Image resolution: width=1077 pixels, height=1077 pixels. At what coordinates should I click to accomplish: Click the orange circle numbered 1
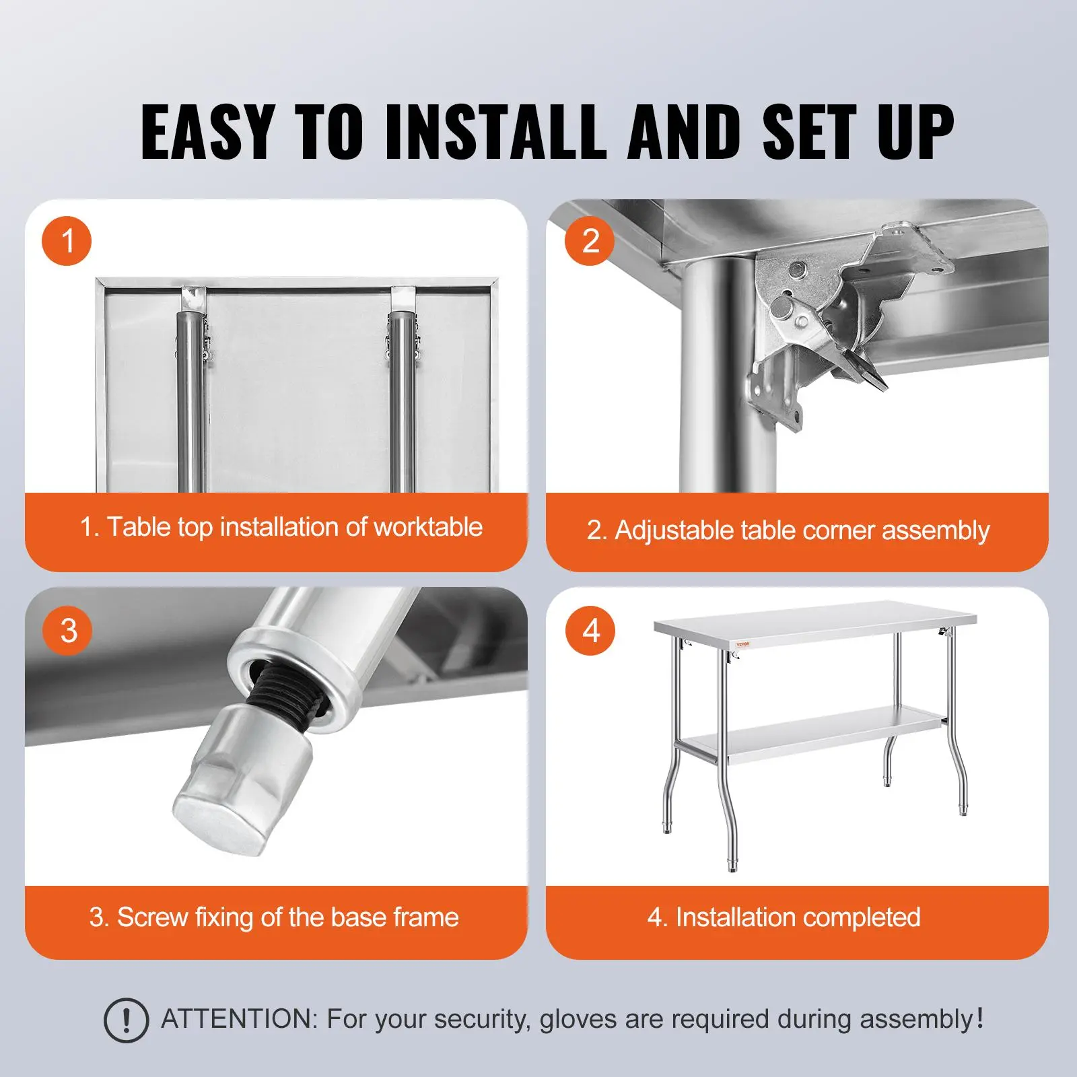pos(67,241)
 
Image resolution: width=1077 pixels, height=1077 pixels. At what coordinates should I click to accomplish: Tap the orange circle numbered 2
pos(590,241)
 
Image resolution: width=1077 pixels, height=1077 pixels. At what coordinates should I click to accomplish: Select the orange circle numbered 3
pos(67,630)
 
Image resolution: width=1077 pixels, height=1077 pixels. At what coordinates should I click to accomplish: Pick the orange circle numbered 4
pos(590,630)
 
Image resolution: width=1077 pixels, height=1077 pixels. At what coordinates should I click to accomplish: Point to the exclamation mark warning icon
pos(126,1020)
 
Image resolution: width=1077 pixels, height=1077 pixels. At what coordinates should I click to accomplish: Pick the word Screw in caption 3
pos(151,917)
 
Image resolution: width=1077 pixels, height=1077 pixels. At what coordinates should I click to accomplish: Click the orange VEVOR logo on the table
pos(742,644)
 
